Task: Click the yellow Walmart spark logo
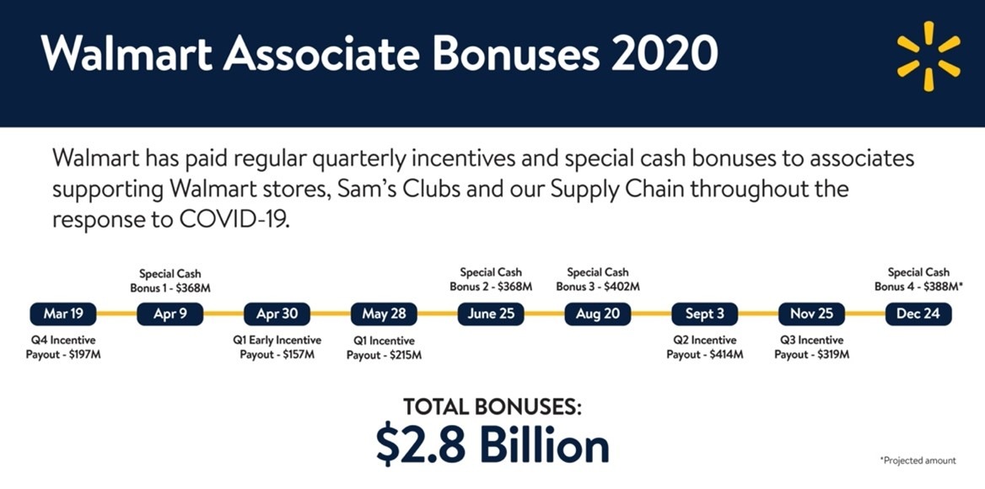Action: pos(928,56)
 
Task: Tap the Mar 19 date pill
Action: pos(62,314)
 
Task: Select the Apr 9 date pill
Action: pos(170,314)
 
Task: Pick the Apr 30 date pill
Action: pos(277,314)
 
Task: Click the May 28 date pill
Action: pos(384,314)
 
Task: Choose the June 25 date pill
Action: pos(491,314)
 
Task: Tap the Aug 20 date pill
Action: pos(597,314)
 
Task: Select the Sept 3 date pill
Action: pos(704,314)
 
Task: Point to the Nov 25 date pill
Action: pos(811,314)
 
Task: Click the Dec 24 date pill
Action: pos(918,314)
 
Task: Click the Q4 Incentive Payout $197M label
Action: pos(62,347)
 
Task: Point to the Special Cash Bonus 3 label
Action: pos(597,280)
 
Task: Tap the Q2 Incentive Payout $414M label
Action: pos(705,347)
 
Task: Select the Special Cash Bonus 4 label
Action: pos(918,280)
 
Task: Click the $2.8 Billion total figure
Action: pos(492,446)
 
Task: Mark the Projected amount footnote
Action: pos(918,460)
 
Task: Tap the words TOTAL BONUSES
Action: pos(492,406)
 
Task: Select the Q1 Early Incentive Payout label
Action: pos(277,347)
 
